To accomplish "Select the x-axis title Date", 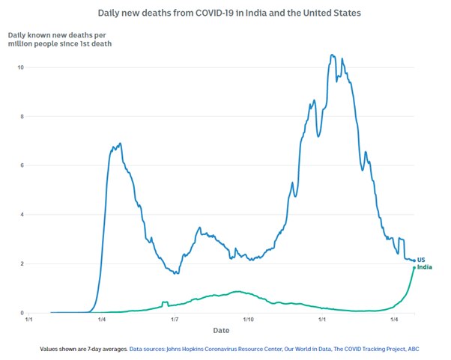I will [x=221, y=330].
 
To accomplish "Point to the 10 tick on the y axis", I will [x=22, y=67].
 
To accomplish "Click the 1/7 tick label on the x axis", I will [x=174, y=320].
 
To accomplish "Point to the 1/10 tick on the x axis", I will [x=248, y=320].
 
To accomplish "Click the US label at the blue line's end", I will [x=421, y=260].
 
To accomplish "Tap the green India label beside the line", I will [x=424, y=267].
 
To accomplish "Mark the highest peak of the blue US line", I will [x=332, y=55].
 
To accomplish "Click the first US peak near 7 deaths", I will [x=120, y=143].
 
